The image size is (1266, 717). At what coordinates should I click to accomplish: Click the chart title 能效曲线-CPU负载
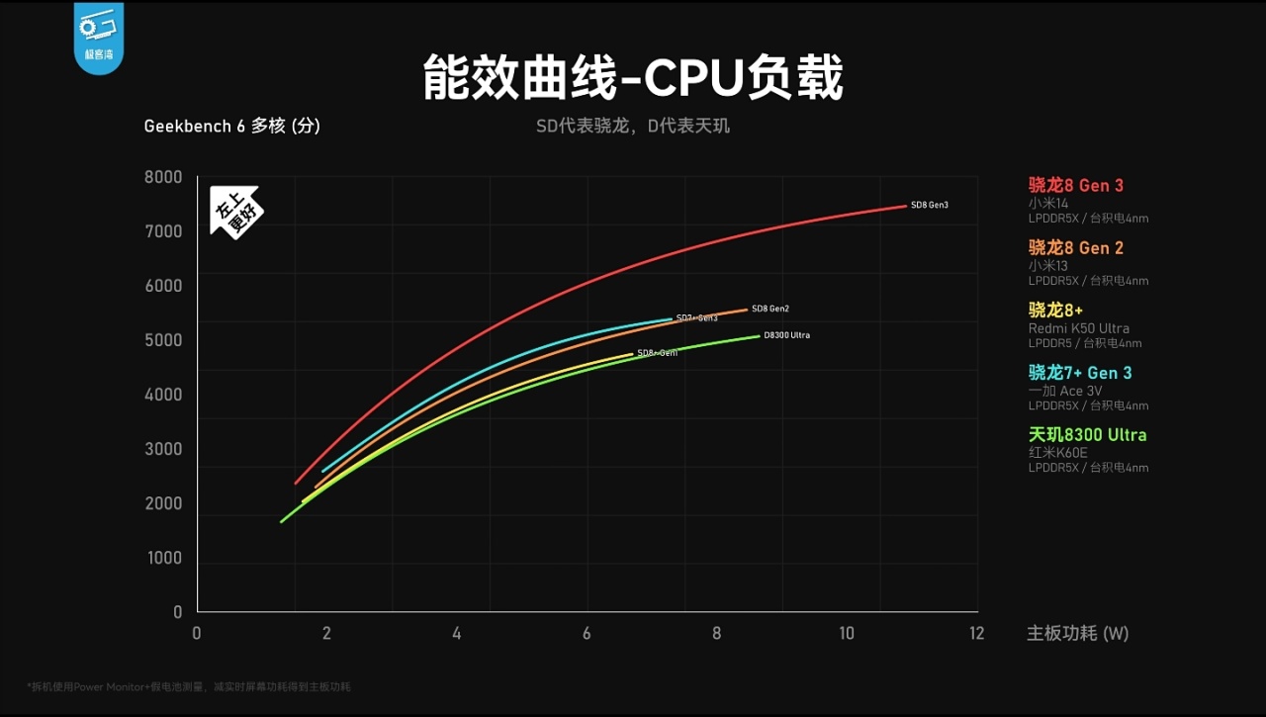[x=633, y=78]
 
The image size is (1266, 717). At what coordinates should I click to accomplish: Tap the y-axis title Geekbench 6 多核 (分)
[x=231, y=126]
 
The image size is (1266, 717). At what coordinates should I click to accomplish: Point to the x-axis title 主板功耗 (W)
[x=1077, y=633]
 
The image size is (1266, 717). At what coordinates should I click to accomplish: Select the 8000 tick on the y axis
[x=164, y=177]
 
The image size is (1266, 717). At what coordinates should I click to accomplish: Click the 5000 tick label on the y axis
[x=164, y=340]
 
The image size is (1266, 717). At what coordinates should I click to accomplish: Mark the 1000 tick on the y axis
[x=164, y=558]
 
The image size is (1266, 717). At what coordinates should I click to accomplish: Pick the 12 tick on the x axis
[x=977, y=633]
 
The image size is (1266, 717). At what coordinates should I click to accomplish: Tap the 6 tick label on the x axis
[x=587, y=633]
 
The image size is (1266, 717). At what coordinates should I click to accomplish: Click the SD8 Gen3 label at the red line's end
[x=930, y=205]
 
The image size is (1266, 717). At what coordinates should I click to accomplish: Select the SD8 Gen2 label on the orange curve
[x=770, y=310]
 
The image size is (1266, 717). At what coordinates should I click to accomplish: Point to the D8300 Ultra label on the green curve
[x=786, y=335]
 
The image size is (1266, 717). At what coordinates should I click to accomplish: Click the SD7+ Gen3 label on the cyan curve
[x=696, y=317]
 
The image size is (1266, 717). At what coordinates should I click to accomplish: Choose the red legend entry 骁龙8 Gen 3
[x=1076, y=185]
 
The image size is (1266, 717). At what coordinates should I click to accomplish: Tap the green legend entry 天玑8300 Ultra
[x=1087, y=434]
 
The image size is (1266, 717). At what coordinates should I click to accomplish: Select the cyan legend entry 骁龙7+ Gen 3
[x=1080, y=372]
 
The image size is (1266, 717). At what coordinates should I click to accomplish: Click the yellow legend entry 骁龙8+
[x=1055, y=310]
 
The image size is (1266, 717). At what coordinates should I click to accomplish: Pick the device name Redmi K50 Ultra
[x=1078, y=328]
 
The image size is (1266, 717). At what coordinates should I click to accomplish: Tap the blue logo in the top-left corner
[x=98, y=38]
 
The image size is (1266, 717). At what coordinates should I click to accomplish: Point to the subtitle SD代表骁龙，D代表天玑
[x=633, y=127]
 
